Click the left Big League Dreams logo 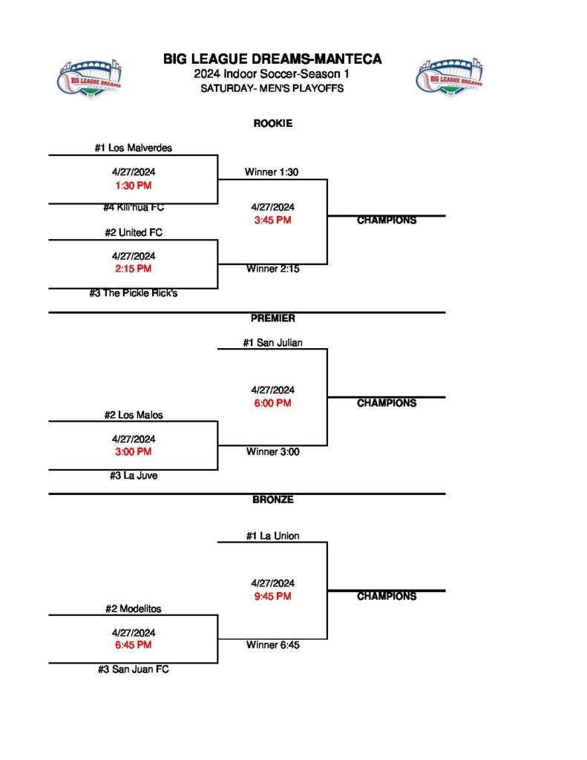coord(90,76)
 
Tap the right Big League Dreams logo coord(449,76)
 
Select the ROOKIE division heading coord(272,123)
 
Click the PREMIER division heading coord(272,318)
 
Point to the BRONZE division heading coord(272,500)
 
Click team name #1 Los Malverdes coord(133,148)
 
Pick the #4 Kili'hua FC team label coord(133,208)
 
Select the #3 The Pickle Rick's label coord(133,293)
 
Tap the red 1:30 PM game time coord(133,186)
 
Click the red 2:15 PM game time coord(133,269)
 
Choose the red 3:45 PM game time coord(272,220)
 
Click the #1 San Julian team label coord(272,343)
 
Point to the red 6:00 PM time coord(272,403)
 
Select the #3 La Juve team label coord(133,476)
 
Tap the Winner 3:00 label coord(272,451)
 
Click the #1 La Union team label coord(272,536)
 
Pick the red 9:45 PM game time coord(272,596)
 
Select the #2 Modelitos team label coord(133,609)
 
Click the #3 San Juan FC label coord(133,669)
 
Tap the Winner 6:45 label coord(272,645)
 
